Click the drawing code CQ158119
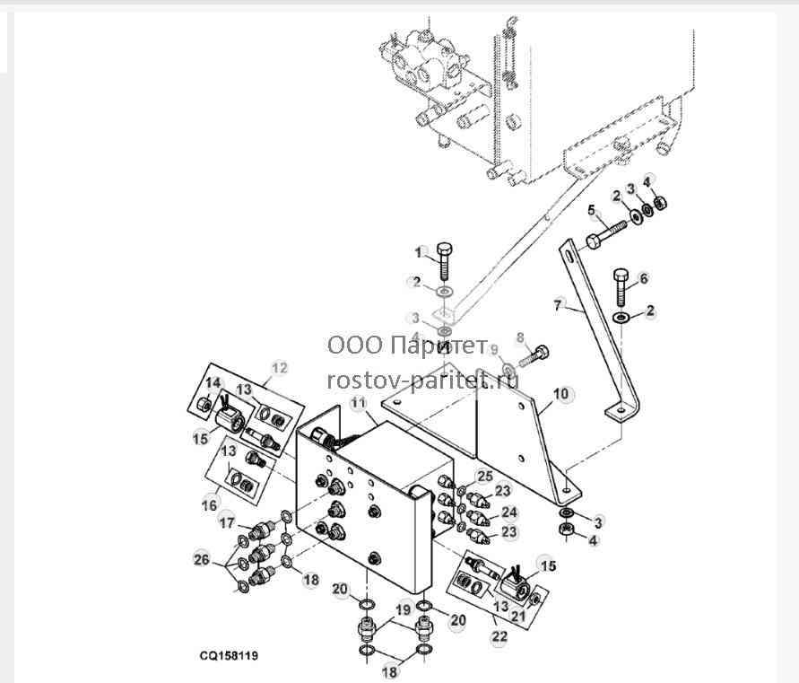coord(229,655)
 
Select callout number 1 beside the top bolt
coord(419,252)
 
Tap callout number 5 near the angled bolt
coord(591,210)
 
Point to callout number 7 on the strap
coord(558,305)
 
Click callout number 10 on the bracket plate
coord(560,394)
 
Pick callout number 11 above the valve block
coord(358,403)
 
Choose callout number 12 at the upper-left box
coord(280,368)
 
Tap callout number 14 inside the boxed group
coord(213,383)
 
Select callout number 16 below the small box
coord(210,505)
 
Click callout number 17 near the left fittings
coord(227,522)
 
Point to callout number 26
coord(201,559)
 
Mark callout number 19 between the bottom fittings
coord(403,609)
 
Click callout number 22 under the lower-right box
coord(499,636)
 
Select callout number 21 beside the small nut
coord(518,617)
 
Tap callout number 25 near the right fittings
coord(485,477)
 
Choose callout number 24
coord(509,512)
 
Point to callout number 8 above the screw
coord(520,337)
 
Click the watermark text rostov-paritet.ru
coord(423,380)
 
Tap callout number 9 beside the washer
coord(494,350)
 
